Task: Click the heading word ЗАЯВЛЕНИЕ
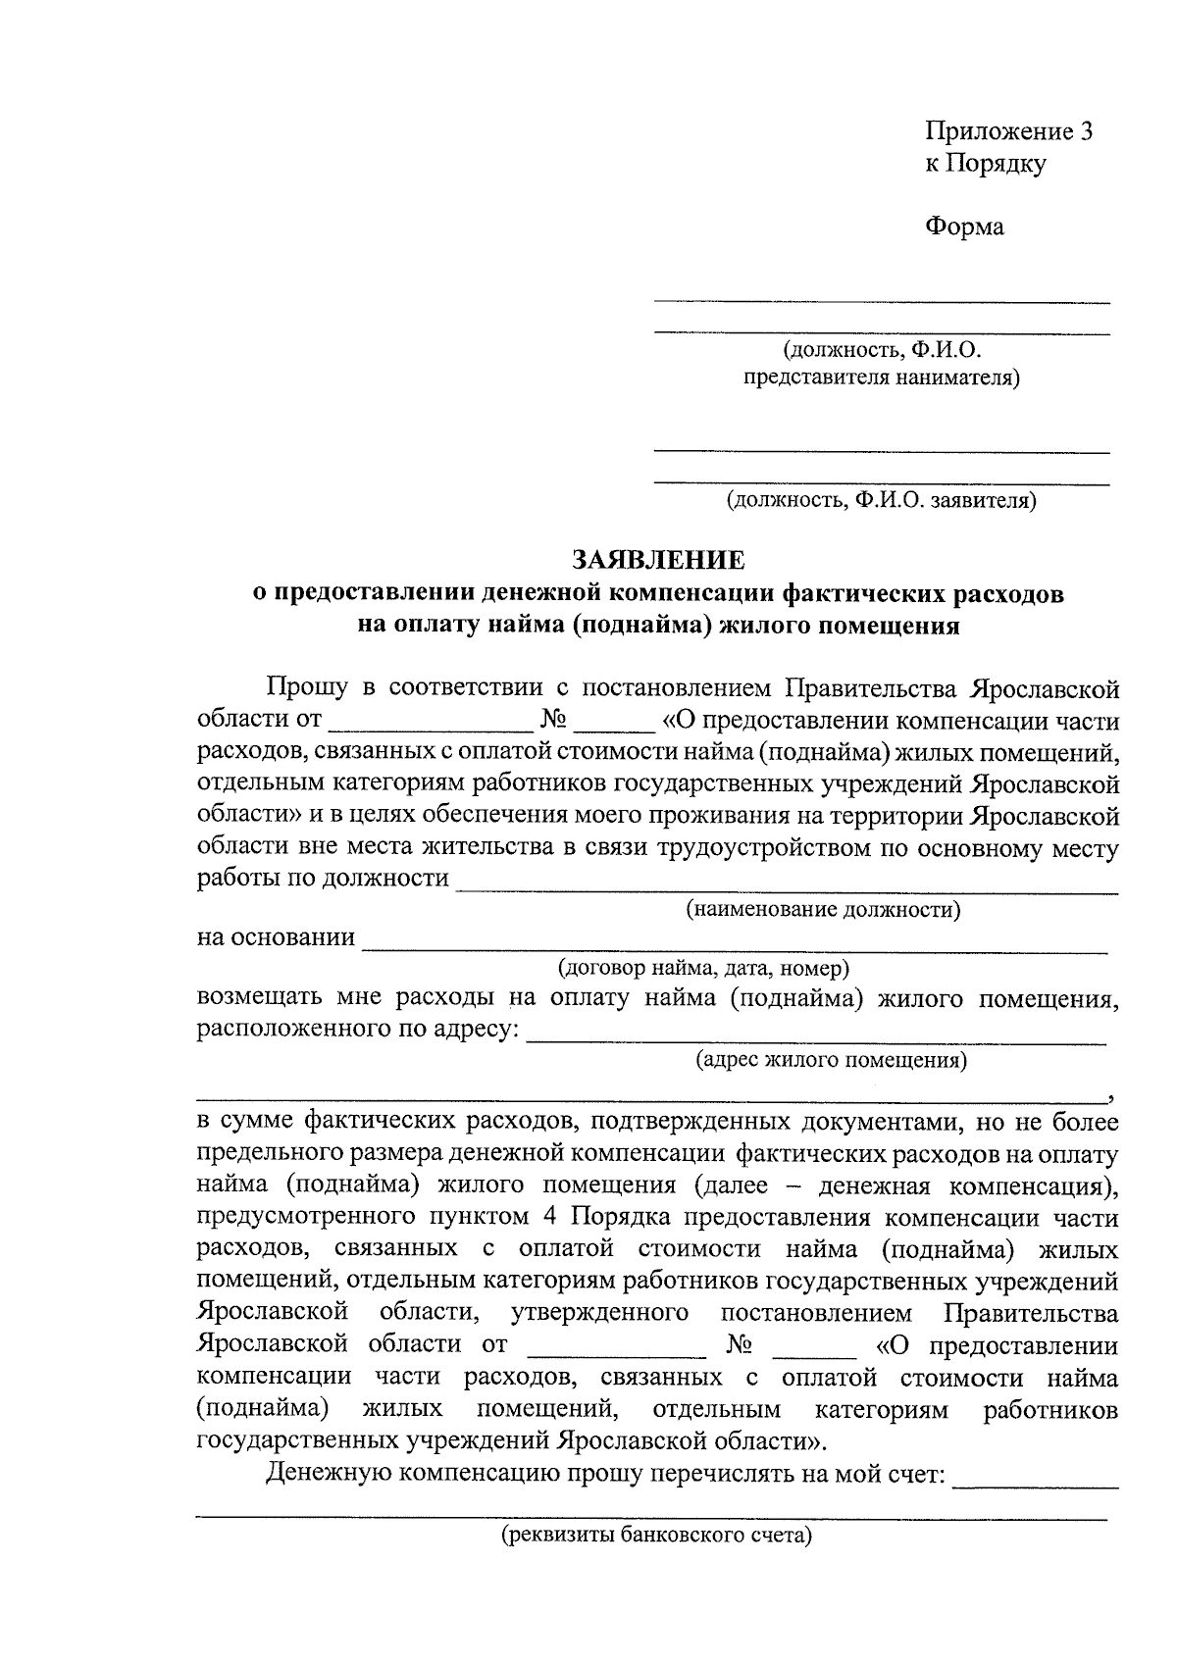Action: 658,560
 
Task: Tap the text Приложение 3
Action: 1009,131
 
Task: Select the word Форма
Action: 965,227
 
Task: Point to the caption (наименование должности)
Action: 822,909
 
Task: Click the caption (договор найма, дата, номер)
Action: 703,969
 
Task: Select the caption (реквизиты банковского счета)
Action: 656,1536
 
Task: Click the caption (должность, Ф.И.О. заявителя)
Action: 881,501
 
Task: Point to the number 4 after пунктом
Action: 548,1218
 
